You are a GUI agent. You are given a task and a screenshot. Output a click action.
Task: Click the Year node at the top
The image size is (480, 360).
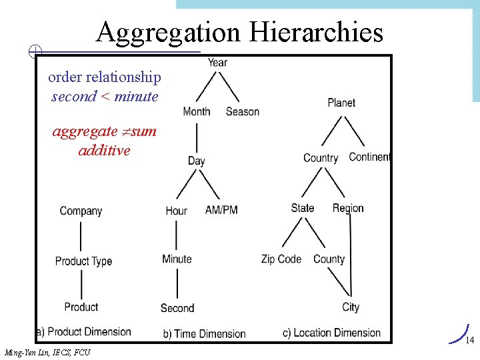click(217, 63)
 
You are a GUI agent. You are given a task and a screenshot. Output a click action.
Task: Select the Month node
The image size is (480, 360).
click(196, 111)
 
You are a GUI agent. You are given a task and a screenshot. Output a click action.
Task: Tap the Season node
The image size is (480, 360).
click(242, 111)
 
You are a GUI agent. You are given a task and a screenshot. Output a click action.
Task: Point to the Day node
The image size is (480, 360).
click(196, 161)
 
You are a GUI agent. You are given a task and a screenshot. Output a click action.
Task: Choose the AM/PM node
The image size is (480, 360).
click(221, 210)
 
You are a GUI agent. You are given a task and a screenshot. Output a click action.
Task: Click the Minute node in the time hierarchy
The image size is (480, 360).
click(177, 259)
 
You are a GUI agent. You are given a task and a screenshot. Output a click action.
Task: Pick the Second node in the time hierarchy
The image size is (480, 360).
click(177, 308)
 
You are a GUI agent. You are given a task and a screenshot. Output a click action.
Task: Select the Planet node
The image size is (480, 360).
click(341, 103)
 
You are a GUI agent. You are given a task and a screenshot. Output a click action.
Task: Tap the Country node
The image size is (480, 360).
click(321, 158)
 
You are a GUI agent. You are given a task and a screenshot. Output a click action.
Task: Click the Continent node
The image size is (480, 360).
click(369, 157)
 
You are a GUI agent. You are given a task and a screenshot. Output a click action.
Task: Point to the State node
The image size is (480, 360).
click(302, 208)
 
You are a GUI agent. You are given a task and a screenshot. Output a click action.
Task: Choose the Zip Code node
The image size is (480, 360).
click(281, 259)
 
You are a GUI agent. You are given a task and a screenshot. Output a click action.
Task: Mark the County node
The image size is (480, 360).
click(329, 259)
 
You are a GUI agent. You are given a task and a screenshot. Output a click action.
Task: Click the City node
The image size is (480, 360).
click(351, 307)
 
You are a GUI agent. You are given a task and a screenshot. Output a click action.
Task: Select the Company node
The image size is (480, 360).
click(81, 211)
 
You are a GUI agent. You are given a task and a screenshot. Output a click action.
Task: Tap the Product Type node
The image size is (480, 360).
click(83, 261)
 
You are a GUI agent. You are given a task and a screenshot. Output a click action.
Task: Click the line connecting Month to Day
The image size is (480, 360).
click(196, 137)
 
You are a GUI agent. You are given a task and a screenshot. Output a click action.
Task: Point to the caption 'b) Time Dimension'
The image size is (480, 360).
click(205, 333)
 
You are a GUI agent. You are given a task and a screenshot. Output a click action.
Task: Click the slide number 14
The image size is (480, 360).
click(469, 341)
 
